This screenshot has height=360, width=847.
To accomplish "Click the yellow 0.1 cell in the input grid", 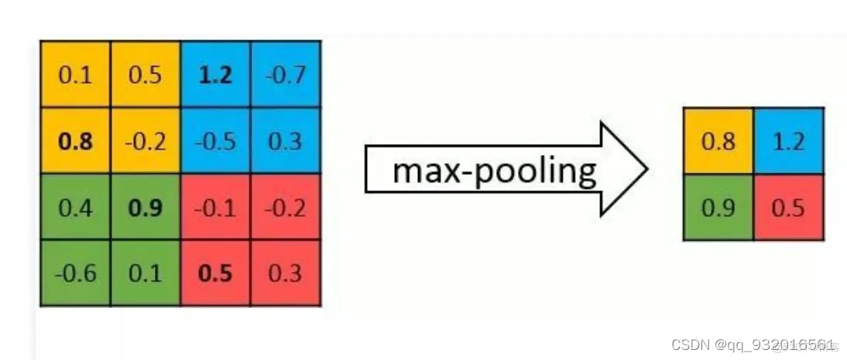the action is coord(75,75).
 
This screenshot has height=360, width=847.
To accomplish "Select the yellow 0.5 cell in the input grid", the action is coord(146,75).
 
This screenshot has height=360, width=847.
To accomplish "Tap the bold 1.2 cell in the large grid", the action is coord(216,75).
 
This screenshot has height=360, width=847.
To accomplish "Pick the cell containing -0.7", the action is coord(286,75).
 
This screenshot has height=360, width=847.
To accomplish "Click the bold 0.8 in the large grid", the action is coord(75,141).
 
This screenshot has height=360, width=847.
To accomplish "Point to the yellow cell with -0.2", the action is coord(146,141).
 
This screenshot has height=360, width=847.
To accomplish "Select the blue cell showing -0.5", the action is coord(216,141).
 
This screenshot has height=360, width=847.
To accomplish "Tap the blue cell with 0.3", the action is coord(286,141).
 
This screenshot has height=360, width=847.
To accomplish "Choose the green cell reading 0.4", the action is coord(75,207).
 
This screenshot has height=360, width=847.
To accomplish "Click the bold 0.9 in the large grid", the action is coord(146,207).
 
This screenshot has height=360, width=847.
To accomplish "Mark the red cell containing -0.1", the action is coord(216,207).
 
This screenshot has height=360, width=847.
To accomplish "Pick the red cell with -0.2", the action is coord(286,207).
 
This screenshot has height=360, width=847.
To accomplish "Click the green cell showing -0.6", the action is coord(75,273).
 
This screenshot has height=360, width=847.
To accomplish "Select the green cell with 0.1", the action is coord(146,273).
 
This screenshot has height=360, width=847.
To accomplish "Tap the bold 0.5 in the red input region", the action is coord(216,273).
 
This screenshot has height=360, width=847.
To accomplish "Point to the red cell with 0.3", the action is coord(286,273).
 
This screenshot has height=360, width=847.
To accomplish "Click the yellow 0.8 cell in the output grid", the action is coord(718,142).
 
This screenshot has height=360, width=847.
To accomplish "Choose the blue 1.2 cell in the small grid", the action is coord(788,142).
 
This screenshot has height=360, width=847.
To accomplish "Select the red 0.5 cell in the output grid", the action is coord(788,207).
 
